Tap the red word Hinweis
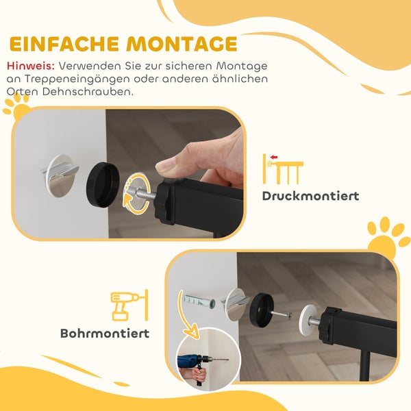click(31, 66)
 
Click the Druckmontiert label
click(310, 197)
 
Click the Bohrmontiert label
click(104, 334)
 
